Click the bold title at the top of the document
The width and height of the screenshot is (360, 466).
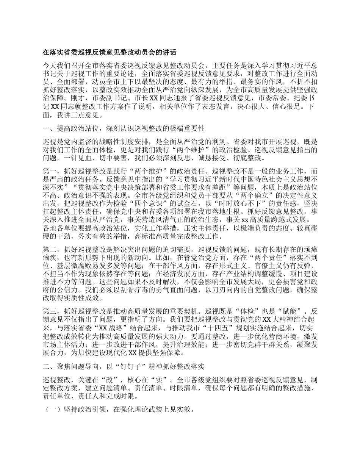(110, 52)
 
